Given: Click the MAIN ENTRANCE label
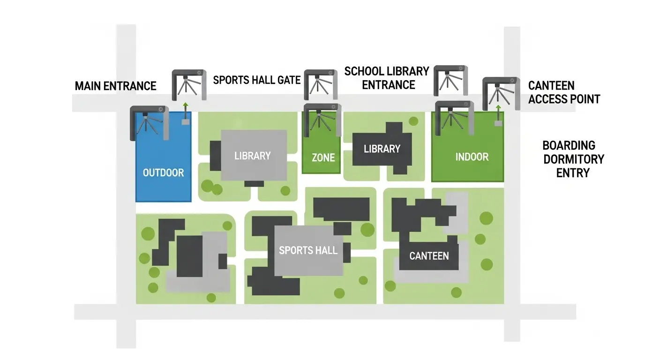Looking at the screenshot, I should pyautogui.click(x=115, y=86).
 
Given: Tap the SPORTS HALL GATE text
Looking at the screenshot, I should pyautogui.click(x=256, y=80).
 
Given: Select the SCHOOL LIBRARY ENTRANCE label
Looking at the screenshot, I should pyautogui.click(x=387, y=78).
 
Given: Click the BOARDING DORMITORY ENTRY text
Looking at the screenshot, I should pyautogui.click(x=573, y=159).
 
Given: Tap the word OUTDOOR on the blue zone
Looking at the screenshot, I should pyautogui.click(x=163, y=172).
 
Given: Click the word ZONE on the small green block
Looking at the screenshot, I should pyautogui.click(x=323, y=157).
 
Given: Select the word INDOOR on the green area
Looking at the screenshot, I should pyautogui.click(x=472, y=157).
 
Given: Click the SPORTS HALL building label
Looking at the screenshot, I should pyautogui.click(x=308, y=250).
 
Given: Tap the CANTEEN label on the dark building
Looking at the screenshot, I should pyautogui.click(x=429, y=256).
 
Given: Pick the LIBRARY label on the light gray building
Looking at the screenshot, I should pyautogui.click(x=252, y=156).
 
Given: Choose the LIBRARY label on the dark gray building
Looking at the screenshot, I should pyautogui.click(x=382, y=149).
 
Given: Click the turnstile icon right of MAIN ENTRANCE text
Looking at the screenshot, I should pyautogui.click(x=189, y=84).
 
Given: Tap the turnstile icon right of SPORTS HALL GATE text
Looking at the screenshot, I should pyautogui.click(x=321, y=84).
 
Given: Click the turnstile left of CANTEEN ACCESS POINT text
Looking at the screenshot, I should pyautogui.click(x=501, y=92).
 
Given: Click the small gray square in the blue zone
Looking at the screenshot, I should pyautogui.click(x=185, y=122).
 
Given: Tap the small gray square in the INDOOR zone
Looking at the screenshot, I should pyautogui.click(x=498, y=123).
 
